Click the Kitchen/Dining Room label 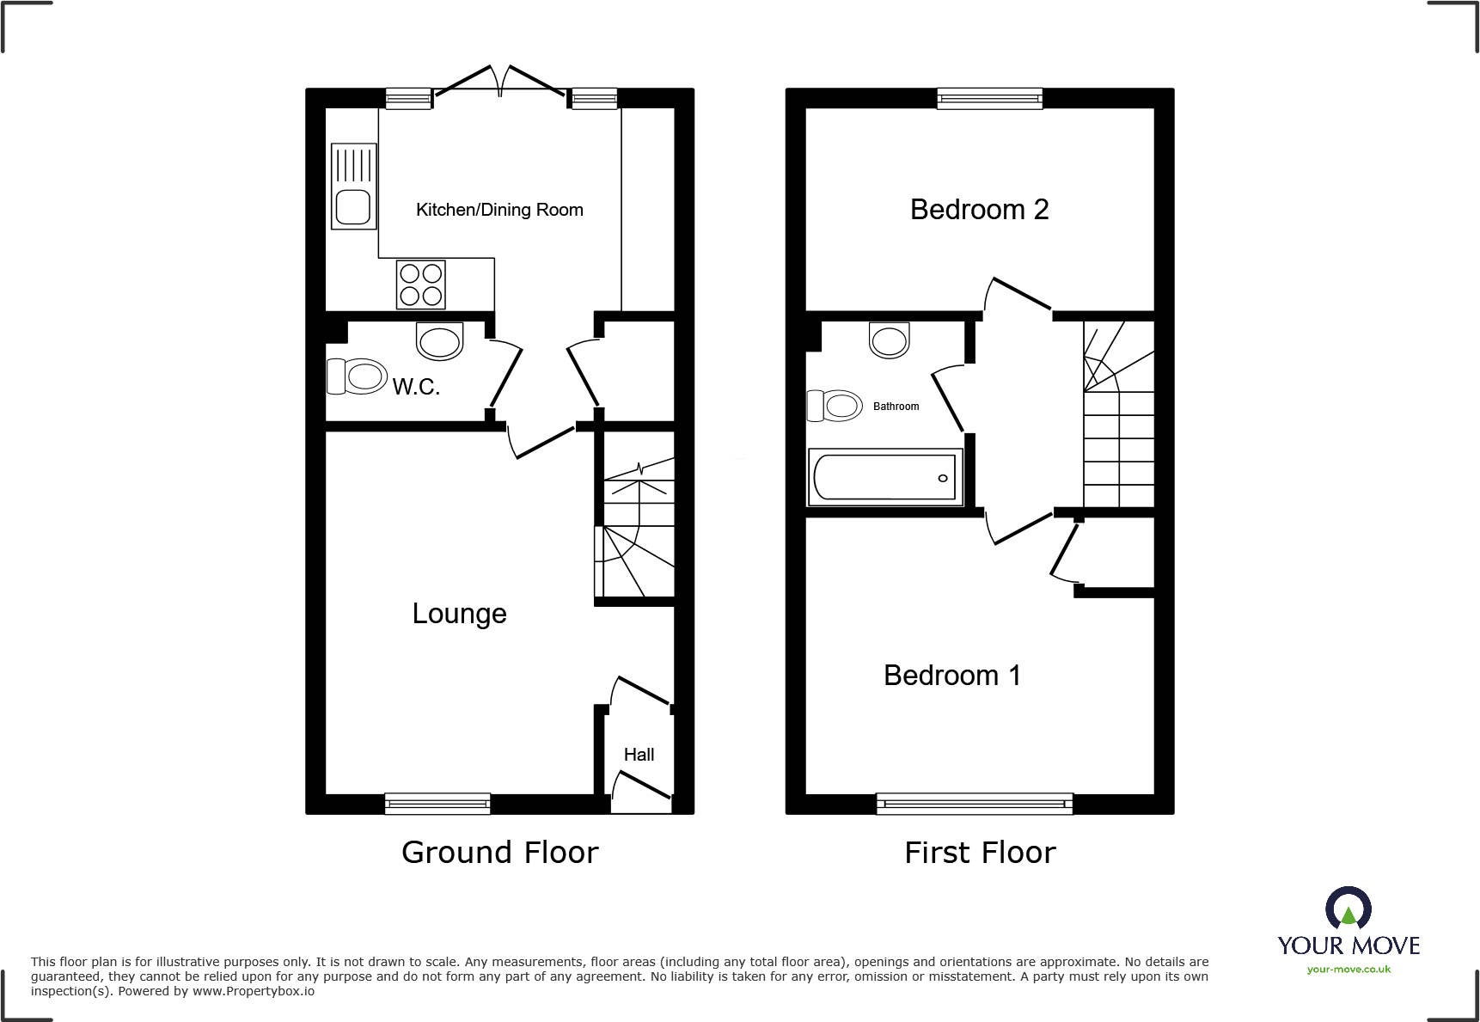pos(499,210)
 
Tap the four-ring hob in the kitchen pos(421,285)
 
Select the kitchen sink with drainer pos(353,187)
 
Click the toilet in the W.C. pos(357,376)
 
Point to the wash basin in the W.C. pos(440,341)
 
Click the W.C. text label pos(416,387)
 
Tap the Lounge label pos(459,614)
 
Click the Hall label pos(639,755)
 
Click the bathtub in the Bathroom pos(884,477)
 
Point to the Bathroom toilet pos(835,406)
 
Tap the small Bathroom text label pos(896,407)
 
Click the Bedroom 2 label pos(979,210)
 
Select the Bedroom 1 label pos(951,676)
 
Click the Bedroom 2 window pos(990,99)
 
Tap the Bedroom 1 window pos(975,804)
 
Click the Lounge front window pos(437,804)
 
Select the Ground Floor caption pos(499,853)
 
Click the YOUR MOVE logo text pos(1348,946)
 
